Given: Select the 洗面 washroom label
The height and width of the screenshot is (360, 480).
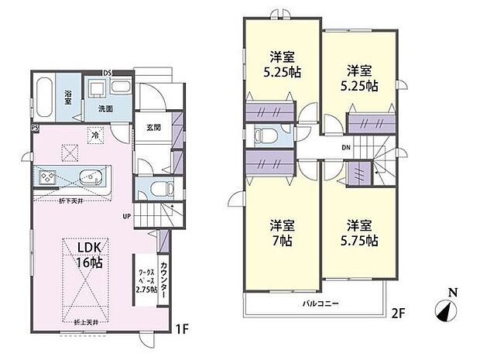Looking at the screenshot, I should coord(105,109).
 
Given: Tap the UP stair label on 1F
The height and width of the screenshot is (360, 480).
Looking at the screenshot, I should coord(126,216).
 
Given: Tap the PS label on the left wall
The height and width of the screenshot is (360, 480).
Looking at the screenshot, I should coord(34,129).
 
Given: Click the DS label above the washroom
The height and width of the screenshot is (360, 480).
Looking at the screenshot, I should coord(109,73).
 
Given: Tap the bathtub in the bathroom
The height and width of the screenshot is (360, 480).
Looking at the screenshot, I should coord(44,96).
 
